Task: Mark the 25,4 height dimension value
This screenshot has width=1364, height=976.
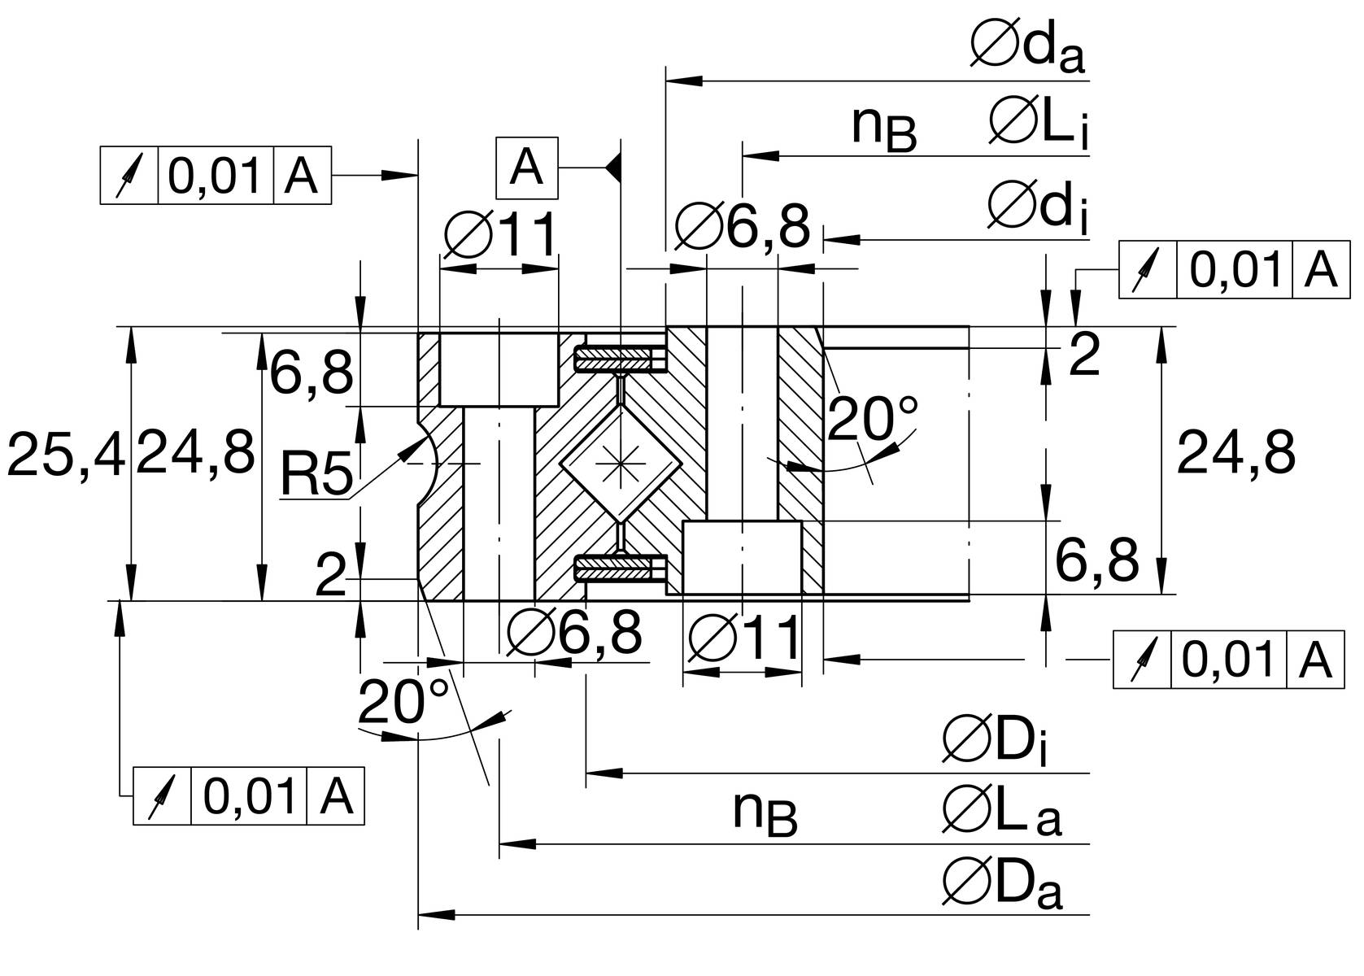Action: tap(66, 454)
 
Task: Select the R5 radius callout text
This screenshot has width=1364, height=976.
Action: tap(316, 473)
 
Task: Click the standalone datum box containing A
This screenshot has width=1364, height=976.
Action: tap(527, 168)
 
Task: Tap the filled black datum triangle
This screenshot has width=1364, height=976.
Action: tap(613, 168)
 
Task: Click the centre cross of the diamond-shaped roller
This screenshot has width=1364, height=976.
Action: tap(620, 464)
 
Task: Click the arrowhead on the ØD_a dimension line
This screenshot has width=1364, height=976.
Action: tap(437, 914)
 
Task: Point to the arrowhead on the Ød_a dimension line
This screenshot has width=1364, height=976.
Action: tap(684, 81)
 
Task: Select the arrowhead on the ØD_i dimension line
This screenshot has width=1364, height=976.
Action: tap(604, 773)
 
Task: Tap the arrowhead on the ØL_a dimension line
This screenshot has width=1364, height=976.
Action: tap(517, 844)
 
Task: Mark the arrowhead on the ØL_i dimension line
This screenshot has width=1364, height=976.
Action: tap(761, 156)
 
